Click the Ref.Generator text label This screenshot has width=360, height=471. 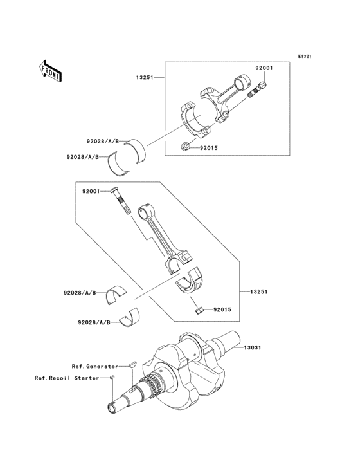coord(95,365)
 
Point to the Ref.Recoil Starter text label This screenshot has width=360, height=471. coord(67,378)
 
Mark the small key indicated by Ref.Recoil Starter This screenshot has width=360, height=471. coord(111,376)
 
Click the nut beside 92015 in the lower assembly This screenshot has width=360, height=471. coord(199,311)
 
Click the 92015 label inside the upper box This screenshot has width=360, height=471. coord(210,148)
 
